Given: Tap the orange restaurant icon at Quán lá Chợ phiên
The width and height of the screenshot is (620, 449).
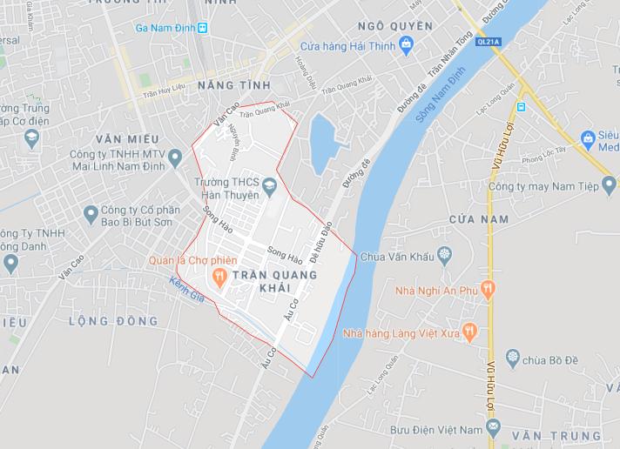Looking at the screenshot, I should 219,275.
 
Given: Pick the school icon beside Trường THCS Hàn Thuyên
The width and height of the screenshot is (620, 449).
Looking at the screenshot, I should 270,184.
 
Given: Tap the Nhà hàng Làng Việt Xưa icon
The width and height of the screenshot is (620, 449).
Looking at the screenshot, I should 468,330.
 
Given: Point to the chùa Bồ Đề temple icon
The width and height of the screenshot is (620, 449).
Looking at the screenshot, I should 513,357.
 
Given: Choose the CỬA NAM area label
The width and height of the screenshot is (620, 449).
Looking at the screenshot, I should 478,218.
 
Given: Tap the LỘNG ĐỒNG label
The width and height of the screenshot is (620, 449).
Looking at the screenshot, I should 114,322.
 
